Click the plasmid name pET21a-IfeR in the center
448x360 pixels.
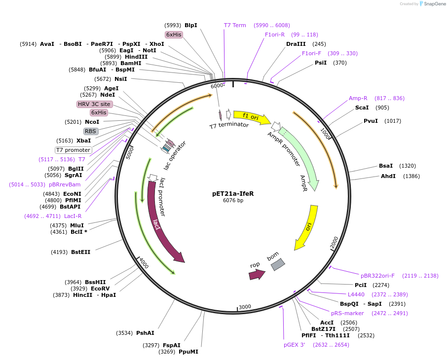point(233,194)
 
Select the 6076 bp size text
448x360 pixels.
point(233,201)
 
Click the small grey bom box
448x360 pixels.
point(278,264)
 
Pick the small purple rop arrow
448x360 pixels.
point(257,274)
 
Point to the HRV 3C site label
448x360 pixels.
point(94,104)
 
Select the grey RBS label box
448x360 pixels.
point(91,131)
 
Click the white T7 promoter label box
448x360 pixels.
point(73,150)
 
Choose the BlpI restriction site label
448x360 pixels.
point(191,25)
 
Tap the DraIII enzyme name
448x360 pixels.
point(296,44)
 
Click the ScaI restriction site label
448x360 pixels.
point(362,108)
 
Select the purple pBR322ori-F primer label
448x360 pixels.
point(377,276)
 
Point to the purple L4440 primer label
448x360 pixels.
point(356,294)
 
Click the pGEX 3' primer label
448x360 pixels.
point(295,345)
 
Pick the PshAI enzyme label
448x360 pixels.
point(145,333)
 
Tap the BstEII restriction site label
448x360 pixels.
point(81,252)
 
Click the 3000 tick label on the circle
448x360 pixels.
point(245,307)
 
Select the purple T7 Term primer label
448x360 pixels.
point(235,25)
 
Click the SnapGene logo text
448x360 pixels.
point(434,4)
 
